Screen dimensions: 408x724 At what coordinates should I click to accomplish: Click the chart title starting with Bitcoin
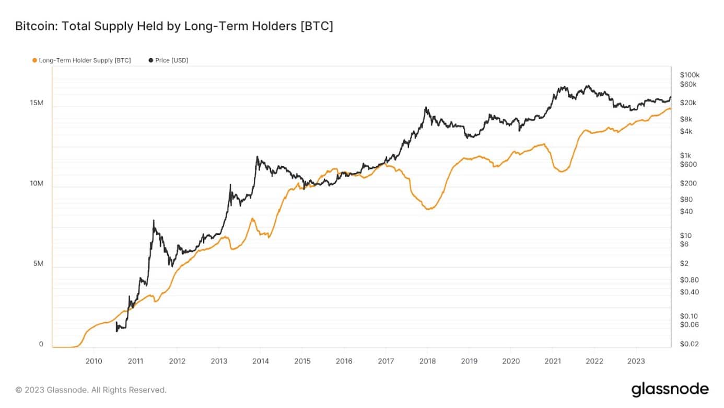(174, 26)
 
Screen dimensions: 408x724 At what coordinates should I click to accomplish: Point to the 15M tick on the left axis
(37, 103)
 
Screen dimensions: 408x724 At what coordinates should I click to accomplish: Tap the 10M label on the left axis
(37, 184)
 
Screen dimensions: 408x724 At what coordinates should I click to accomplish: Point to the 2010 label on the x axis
(94, 361)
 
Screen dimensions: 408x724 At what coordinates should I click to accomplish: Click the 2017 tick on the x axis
(386, 361)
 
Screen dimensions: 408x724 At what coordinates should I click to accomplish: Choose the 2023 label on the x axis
(636, 361)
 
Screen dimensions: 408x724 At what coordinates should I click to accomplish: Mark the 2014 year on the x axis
(260, 361)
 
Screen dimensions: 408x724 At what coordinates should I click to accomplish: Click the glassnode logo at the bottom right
(670, 390)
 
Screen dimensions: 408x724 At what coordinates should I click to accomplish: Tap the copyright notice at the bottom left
(91, 390)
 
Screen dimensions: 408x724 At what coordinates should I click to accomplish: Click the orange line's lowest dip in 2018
(428, 209)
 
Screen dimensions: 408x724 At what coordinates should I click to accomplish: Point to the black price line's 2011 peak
(154, 221)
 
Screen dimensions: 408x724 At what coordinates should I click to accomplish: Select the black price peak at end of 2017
(426, 108)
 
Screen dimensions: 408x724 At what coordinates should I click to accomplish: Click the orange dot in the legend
(34, 60)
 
